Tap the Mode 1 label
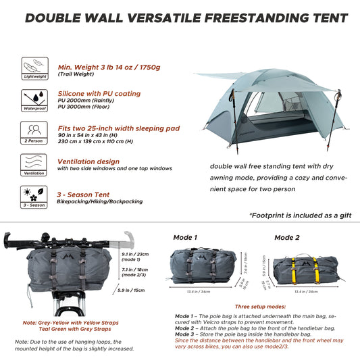pyautogui.click(x=186, y=238)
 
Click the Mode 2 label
pyautogui.click(x=287, y=238)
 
